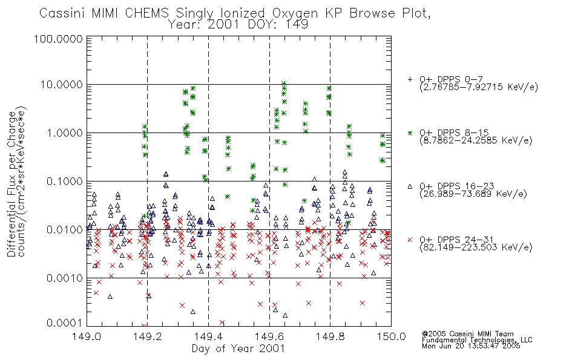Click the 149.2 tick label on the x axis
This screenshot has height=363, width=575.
pos(147,336)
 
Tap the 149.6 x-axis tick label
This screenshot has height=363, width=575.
pos(269,336)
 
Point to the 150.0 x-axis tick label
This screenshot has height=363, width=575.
pos(391,336)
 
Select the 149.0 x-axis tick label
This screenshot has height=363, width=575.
pos(87,336)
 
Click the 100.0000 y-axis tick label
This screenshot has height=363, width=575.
pos(58,39)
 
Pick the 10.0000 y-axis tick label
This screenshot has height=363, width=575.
pos(61,85)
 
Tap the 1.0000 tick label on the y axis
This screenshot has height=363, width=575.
pos(64,132)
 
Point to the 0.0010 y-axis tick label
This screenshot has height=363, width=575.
pos(64,278)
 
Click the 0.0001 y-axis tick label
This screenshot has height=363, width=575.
pos(64,322)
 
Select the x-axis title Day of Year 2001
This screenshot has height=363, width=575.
pos(238,348)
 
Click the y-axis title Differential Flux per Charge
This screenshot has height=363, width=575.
pos(11,184)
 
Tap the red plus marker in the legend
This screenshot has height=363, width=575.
pos(410,79)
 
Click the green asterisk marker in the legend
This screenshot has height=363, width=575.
pos(410,132)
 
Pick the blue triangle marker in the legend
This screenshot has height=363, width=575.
pos(410,186)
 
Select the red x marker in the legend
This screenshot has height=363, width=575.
pos(410,240)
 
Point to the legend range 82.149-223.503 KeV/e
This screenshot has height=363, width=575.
pos(476,247)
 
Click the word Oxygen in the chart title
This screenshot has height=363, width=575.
pos(295,13)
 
